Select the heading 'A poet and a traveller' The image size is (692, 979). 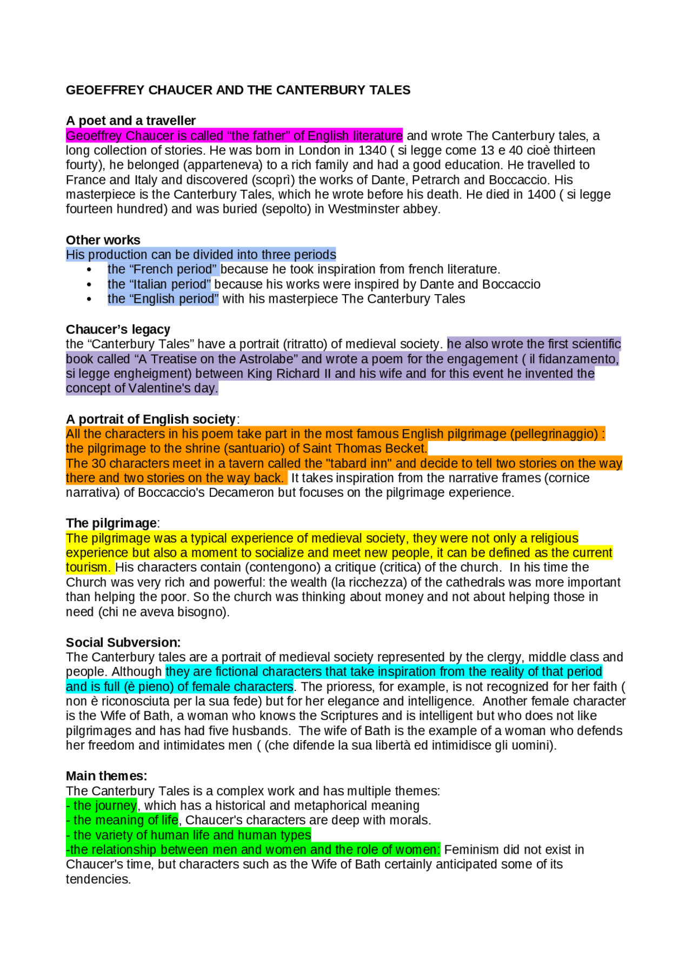coord(130,121)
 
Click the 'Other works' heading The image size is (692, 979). coord(103,240)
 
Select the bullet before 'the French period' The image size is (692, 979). coord(89,270)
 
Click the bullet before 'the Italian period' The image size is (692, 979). coord(89,284)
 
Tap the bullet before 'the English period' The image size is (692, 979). coord(89,299)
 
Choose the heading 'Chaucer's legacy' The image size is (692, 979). coord(118,330)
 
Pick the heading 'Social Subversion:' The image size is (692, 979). coord(123,643)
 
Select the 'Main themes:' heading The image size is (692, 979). coord(107,776)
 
